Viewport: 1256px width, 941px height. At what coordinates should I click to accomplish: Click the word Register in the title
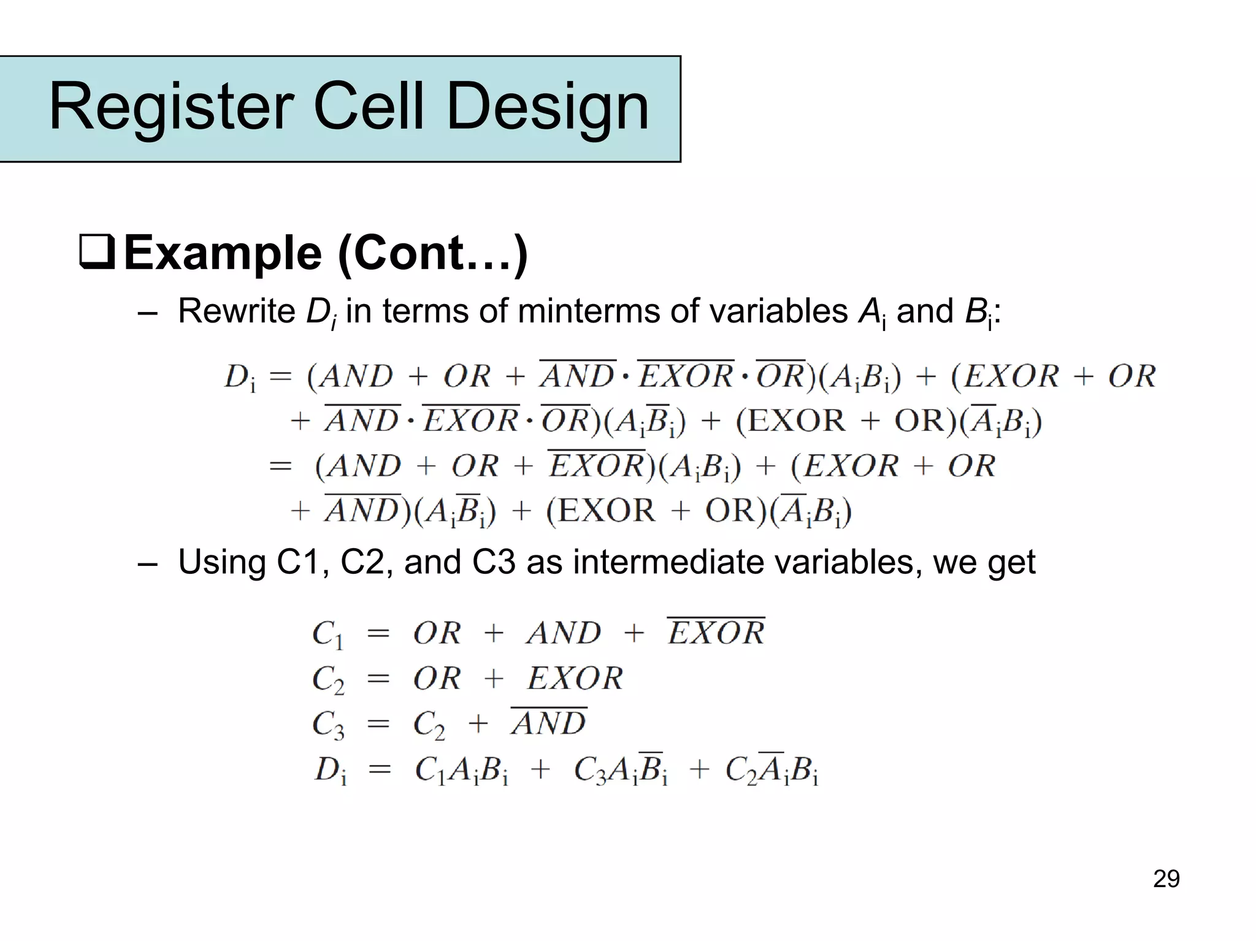tap(170, 108)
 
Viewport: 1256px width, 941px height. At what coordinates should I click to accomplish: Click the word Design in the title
tap(548, 108)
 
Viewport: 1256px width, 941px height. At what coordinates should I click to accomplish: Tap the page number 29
tap(1166, 878)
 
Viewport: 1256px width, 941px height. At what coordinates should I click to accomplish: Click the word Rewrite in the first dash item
tap(237, 311)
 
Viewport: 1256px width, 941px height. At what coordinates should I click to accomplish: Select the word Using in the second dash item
tap(221, 562)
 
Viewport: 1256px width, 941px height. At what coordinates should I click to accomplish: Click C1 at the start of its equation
tap(327, 634)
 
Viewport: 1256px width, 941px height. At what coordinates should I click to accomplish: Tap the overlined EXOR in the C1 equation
tap(716, 632)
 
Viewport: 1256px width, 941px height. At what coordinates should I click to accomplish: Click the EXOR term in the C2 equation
tap(575, 678)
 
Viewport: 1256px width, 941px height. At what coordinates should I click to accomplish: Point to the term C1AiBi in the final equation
tap(461, 770)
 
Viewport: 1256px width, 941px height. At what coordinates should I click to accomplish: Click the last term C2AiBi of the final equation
tap(772, 770)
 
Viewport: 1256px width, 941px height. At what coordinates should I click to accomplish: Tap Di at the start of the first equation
tap(240, 377)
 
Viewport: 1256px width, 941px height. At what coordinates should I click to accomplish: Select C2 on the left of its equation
tap(328, 679)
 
